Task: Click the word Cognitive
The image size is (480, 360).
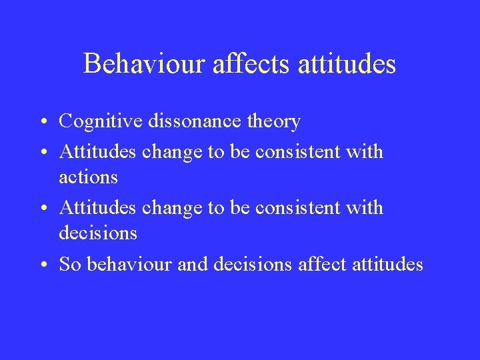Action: [x=99, y=122]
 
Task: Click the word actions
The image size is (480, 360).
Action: [x=88, y=177]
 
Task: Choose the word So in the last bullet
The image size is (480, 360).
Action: [x=69, y=265]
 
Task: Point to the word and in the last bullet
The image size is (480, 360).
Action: [x=193, y=265]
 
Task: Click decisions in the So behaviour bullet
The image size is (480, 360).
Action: [x=251, y=265]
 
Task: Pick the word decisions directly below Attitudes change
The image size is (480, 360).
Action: [x=97, y=233]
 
